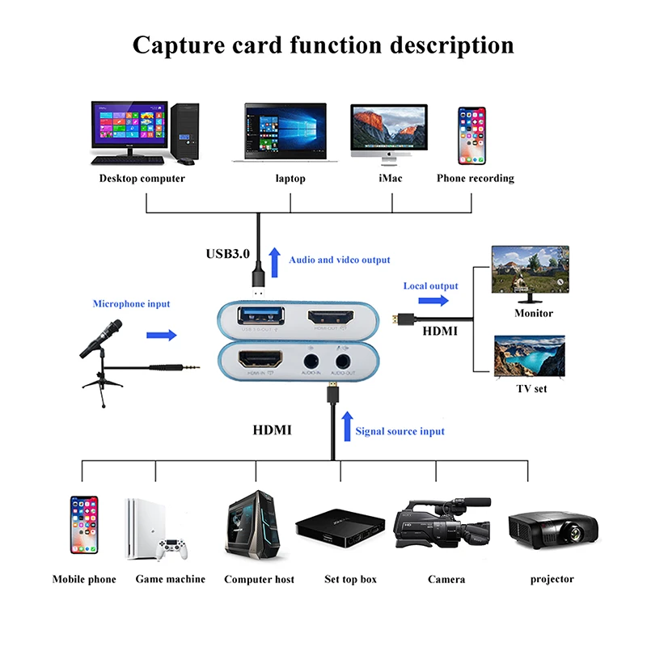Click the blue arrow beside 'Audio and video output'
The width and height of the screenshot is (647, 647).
273,258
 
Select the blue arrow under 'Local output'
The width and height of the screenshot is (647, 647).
433,301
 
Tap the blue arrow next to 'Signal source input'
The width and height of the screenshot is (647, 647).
346,426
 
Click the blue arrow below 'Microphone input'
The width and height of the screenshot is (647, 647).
162,333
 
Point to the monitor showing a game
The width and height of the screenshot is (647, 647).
531,273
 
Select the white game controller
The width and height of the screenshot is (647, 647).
171,549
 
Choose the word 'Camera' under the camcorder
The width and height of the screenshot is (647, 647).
446,579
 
